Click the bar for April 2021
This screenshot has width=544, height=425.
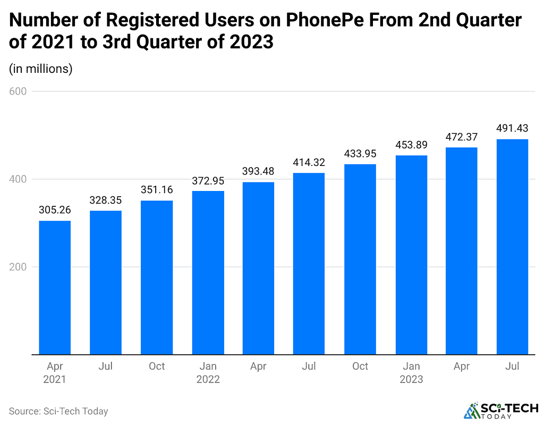(x=55, y=287)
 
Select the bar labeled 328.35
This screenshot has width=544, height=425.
(x=106, y=282)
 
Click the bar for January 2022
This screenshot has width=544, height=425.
(x=208, y=272)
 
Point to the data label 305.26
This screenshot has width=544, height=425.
(x=55, y=210)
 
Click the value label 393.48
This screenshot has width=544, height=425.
(x=258, y=171)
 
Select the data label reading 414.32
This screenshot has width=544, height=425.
(x=309, y=162)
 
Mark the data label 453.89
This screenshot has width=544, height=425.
(x=411, y=145)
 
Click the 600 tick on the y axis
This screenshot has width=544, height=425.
(x=18, y=91)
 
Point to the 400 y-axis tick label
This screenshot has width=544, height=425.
(x=18, y=179)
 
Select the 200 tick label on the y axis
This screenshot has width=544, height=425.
(x=18, y=267)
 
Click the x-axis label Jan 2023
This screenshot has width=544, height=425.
(x=411, y=372)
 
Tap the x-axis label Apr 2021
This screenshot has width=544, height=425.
(x=55, y=372)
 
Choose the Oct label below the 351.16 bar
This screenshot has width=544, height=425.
(x=157, y=366)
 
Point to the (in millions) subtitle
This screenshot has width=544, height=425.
(x=41, y=69)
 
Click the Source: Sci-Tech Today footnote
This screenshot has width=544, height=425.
(x=58, y=411)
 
